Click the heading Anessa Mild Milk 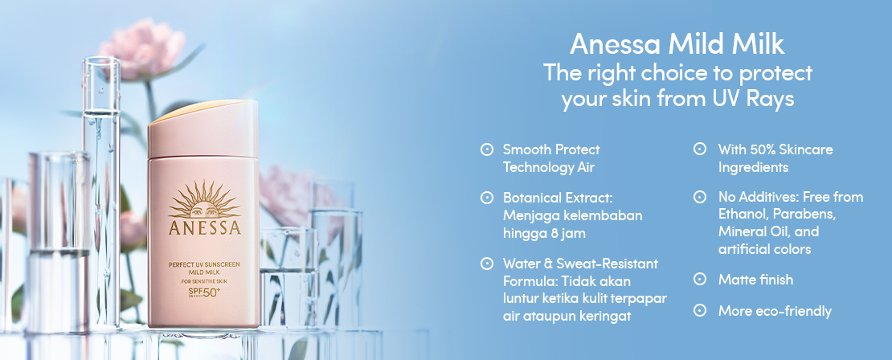pyautogui.click(x=677, y=44)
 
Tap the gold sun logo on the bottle pyautogui.click(x=204, y=199)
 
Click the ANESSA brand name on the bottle pyautogui.click(x=205, y=227)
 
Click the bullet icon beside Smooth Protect pyautogui.click(x=486, y=149)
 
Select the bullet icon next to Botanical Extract pyautogui.click(x=486, y=198)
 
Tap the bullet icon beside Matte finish pyautogui.click(x=700, y=280)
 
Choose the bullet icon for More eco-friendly pyautogui.click(x=700, y=310)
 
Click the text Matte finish pyautogui.click(x=755, y=280)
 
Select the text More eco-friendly pyautogui.click(x=775, y=311)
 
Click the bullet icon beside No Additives pyautogui.click(x=700, y=198)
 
